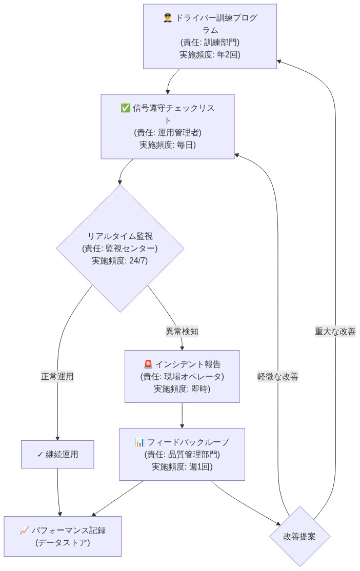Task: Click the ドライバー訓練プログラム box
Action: (x=210, y=36)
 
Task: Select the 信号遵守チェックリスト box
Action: (x=167, y=126)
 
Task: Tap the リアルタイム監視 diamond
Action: (x=119, y=248)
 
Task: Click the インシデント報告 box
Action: (x=182, y=376)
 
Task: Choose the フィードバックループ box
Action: (x=182, y=454)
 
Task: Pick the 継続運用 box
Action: (x=57, y=454)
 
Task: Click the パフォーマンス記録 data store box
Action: (x=63, y=536)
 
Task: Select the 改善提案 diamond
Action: (x=299, y=537)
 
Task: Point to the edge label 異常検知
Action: (x=182, y=331)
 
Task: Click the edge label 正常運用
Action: (x=57, y=376)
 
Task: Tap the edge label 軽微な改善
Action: (x=277, y=376)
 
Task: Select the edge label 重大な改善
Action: (x=335, y=331)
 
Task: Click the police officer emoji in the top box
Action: (x=167, y=18)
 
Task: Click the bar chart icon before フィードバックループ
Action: (x=140, y=442)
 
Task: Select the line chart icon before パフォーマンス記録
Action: (x=25, y=530)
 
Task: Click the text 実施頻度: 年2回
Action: (x=210, y=54)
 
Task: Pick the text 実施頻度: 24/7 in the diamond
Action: (x=119, y=260)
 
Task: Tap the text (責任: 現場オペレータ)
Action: (x=182, y=376)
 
